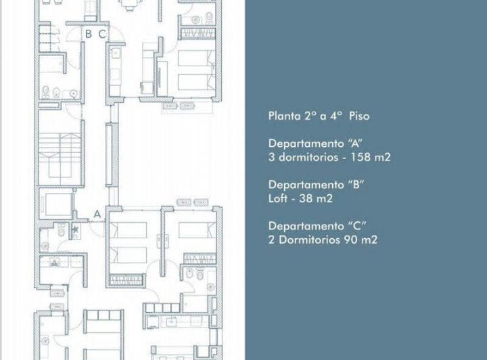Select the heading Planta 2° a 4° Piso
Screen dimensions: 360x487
click(x=319, y=116)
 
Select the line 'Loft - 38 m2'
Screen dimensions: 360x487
click(x=300, y=198)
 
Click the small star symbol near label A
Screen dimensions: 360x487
click(x=75, y=230)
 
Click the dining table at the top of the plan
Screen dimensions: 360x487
click(x=128, y=5)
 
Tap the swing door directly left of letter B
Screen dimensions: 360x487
click(x=74, y=31)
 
